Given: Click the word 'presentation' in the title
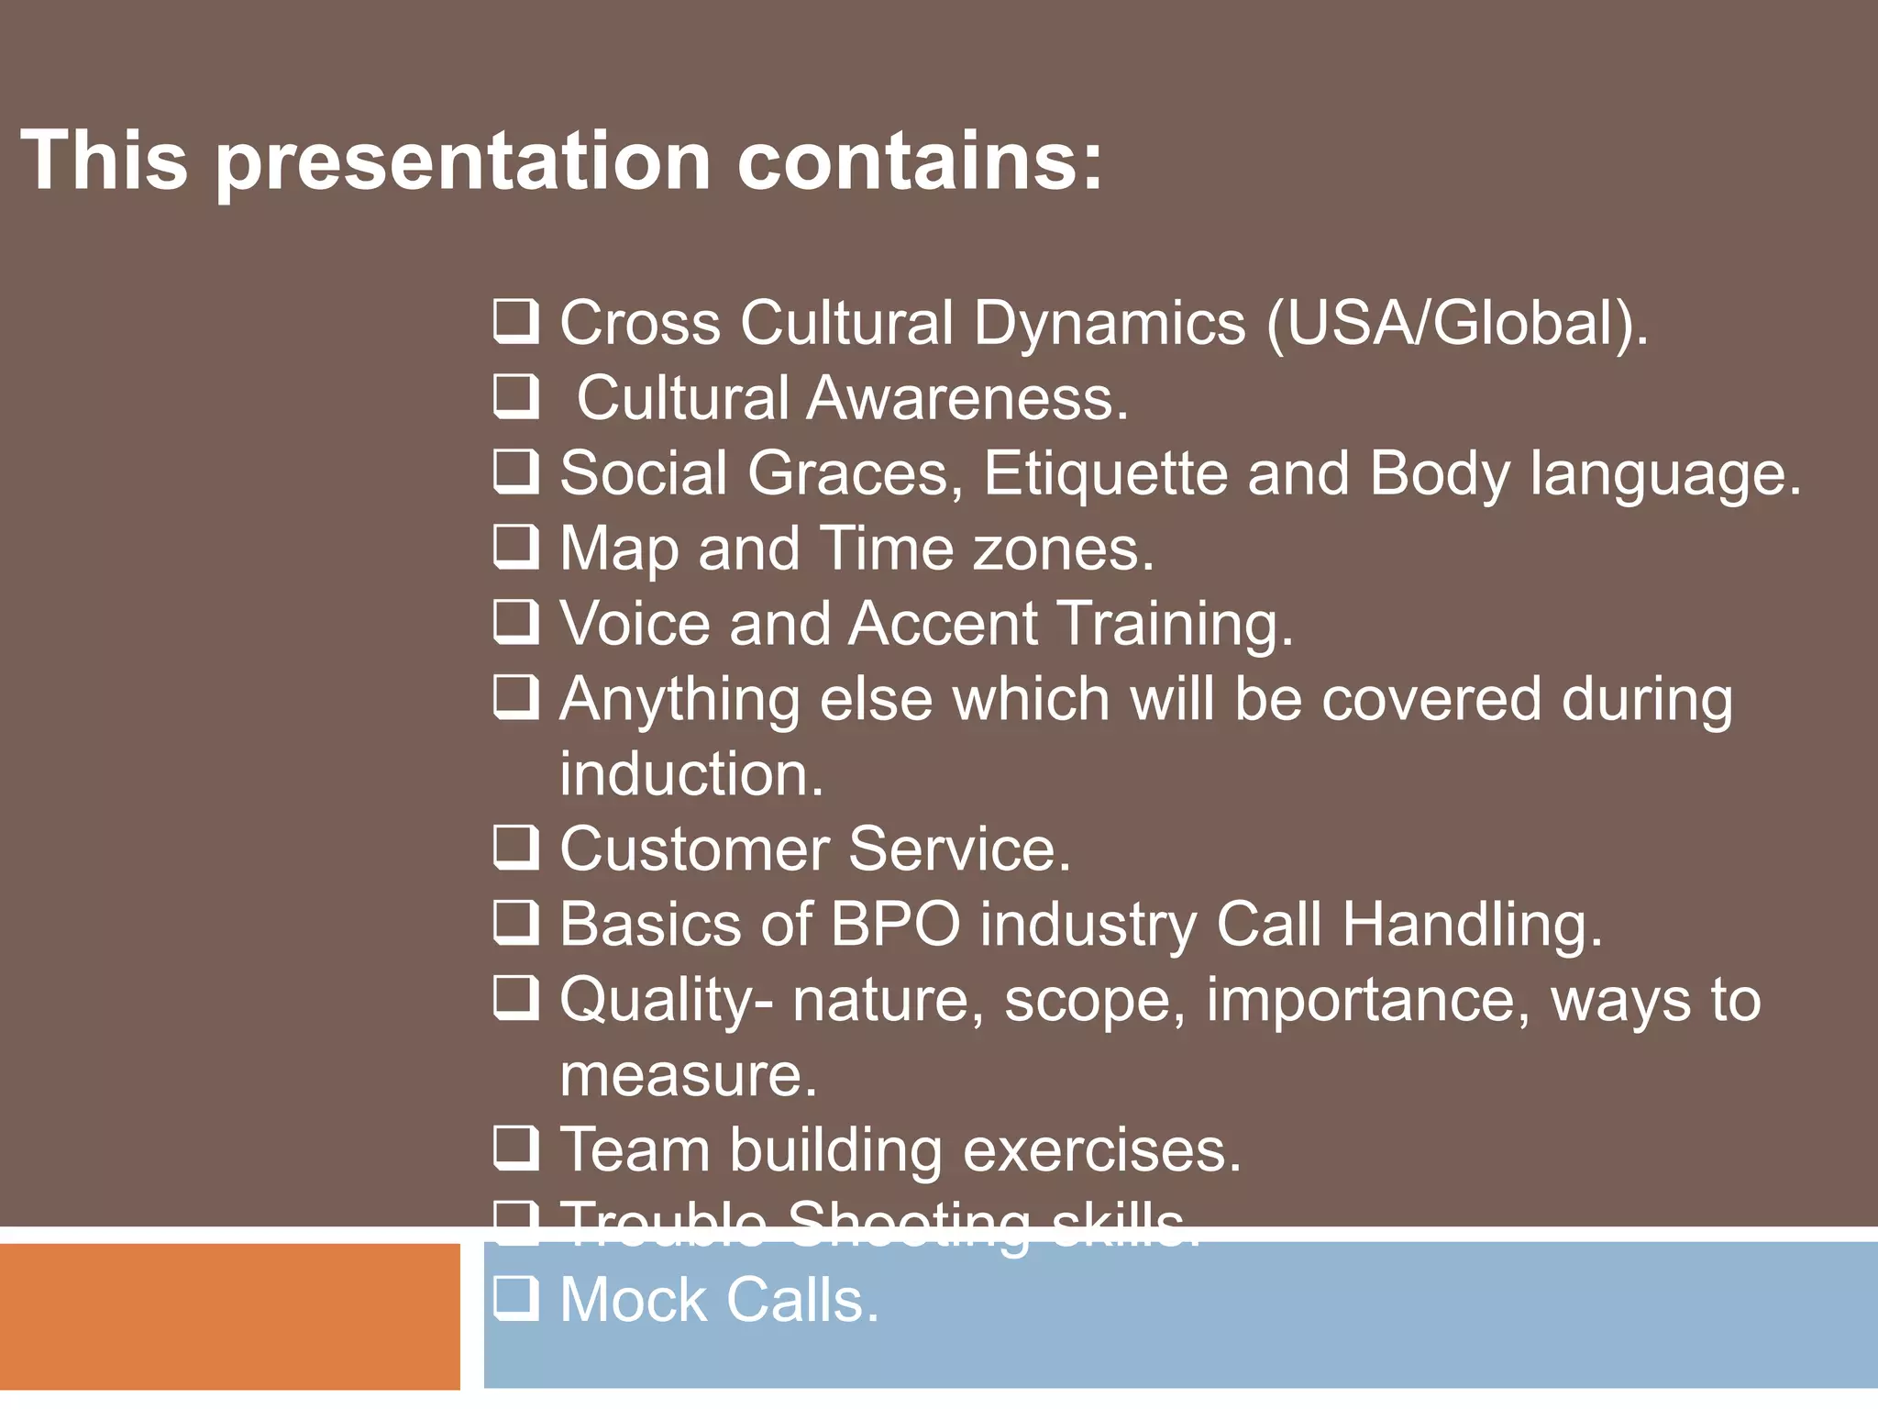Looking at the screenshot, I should (463, 161).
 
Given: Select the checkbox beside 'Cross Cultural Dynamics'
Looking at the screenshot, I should (515, 322).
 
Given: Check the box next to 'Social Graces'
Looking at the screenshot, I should (515, 472).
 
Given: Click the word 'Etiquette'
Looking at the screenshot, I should (1105, 474).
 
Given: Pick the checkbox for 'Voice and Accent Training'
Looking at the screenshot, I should (515, 623).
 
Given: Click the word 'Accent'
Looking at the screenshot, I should (944, 625).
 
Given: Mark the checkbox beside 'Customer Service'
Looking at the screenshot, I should (515, 849).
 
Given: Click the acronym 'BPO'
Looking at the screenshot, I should (895, 924).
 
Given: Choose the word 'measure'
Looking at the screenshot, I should (687, 1076).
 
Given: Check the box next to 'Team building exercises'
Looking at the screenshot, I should (515, 1149).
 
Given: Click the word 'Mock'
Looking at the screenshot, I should (639, 1301).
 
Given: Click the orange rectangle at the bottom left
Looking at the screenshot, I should (229, 1316).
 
